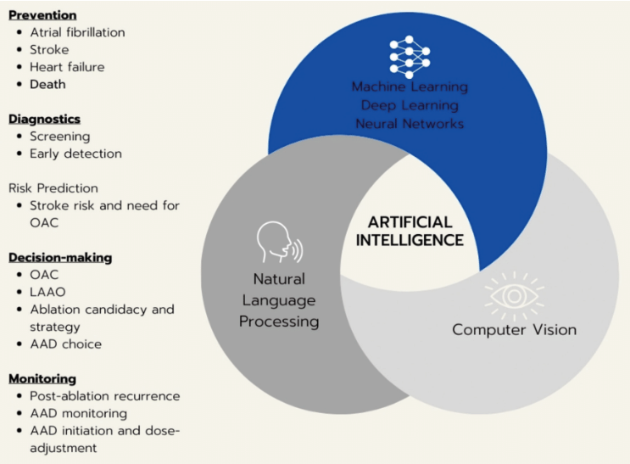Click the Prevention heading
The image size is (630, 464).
42,14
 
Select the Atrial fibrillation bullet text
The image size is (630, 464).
77,32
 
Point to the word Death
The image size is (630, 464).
47,84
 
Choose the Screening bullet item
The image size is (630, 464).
59,136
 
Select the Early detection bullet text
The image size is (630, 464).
75,154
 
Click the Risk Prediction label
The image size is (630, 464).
53,187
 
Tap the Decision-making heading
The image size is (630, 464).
60,257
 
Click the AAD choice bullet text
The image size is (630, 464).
65,344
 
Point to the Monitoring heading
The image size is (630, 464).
42,378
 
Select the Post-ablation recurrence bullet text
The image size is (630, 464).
104,396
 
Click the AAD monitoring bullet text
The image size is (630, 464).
78,413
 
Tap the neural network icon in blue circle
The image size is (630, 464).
410,57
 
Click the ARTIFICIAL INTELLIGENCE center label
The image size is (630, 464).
409,230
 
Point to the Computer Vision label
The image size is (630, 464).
514,329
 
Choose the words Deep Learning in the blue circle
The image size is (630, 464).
410,104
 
